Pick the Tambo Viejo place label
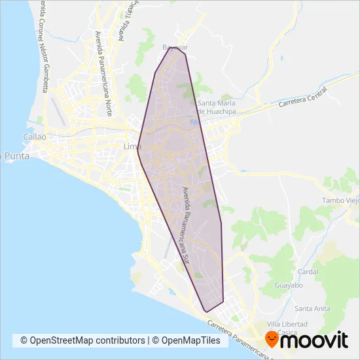tap(340, 200)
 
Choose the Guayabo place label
tap(289, 286)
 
